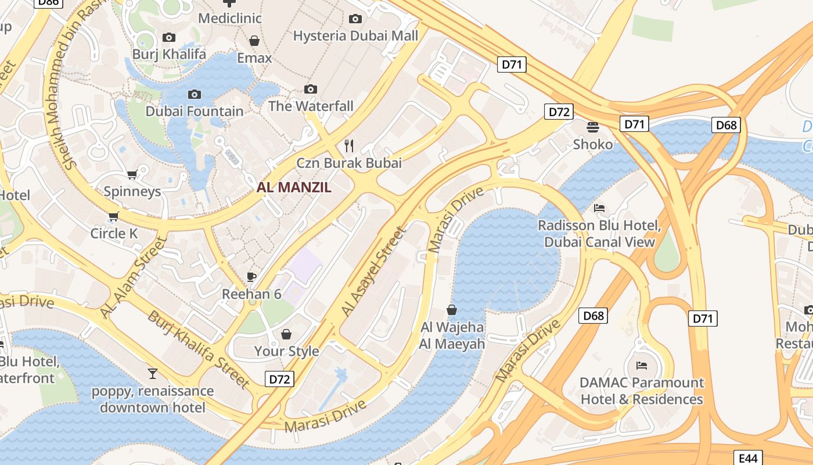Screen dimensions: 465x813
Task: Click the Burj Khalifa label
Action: point(169,54)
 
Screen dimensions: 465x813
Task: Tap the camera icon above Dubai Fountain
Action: point(195,94)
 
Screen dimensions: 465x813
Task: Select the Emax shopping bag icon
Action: point(254,41)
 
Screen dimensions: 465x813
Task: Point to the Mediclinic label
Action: point(230,18)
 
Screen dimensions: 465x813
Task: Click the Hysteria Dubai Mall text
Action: point(355,36)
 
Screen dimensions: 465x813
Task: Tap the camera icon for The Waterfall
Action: point(311,89)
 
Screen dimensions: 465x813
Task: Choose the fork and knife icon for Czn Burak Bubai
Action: point(349,145)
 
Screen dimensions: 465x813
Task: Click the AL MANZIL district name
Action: point(294,187)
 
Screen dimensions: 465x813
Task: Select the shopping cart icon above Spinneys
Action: point(132,174)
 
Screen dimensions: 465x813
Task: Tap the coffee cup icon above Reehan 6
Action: point(251,277)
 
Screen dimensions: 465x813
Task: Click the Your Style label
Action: point(286,351)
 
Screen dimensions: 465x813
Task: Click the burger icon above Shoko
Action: point(592,127)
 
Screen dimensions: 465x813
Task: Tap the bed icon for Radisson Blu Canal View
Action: point(599,208)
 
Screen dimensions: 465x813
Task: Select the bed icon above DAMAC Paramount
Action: point(641,365)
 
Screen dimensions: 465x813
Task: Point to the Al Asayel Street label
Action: point(374,271)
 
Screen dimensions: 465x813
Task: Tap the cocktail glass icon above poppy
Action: point(153,373)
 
